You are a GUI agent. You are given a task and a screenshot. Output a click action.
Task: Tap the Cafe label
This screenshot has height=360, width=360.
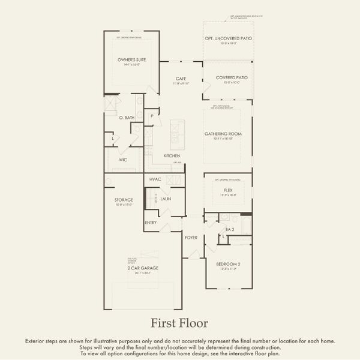click(181, 79)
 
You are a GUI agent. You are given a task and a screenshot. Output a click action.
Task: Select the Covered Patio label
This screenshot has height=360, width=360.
click(227, 77)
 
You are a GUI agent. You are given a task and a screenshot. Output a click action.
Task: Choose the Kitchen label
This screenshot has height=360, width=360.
click(173, 156)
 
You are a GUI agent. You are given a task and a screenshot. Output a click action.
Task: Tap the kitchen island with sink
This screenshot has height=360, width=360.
click(178, 133)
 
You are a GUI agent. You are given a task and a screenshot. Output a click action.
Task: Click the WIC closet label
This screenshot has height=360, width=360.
click(123, 160)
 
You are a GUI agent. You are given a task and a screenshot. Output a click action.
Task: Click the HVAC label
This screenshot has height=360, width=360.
click(155, 179)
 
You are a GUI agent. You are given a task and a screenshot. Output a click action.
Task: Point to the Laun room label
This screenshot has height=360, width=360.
click(166, 198)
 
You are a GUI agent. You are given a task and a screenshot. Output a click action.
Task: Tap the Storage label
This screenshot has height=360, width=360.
click(124, 200)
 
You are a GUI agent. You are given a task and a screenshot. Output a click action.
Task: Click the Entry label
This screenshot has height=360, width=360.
click(151, 223)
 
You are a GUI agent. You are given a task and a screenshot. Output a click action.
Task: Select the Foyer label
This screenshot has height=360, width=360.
click(191, 238)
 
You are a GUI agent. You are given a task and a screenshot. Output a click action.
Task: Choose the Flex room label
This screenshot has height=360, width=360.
click(228, 190)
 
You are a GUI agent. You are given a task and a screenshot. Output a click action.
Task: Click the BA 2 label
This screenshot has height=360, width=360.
click(229, 229)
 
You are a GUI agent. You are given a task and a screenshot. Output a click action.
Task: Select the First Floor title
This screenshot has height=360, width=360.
click(179, 323)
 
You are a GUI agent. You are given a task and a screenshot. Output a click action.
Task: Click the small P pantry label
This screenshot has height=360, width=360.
click(152, 115)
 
